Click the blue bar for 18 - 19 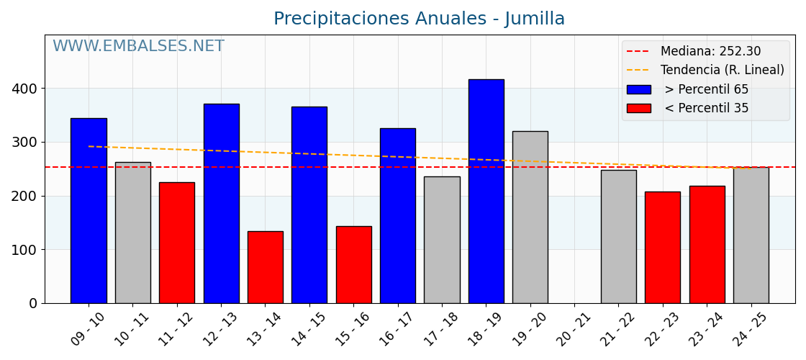(486, 191)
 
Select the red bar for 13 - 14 (265, 267)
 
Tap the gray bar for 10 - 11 (132, 233)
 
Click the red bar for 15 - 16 (353, 264)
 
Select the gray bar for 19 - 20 (530, 217)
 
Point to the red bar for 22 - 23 (662, 247)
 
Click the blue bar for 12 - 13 (221, 203)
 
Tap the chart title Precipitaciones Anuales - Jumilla (419, 19)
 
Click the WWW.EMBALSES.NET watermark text (138, 47)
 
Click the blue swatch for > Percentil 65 (638, 89)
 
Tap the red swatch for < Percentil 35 (638, 108)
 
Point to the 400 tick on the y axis (26, 89)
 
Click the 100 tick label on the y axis (26, 250)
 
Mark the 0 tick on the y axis (33, 303)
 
